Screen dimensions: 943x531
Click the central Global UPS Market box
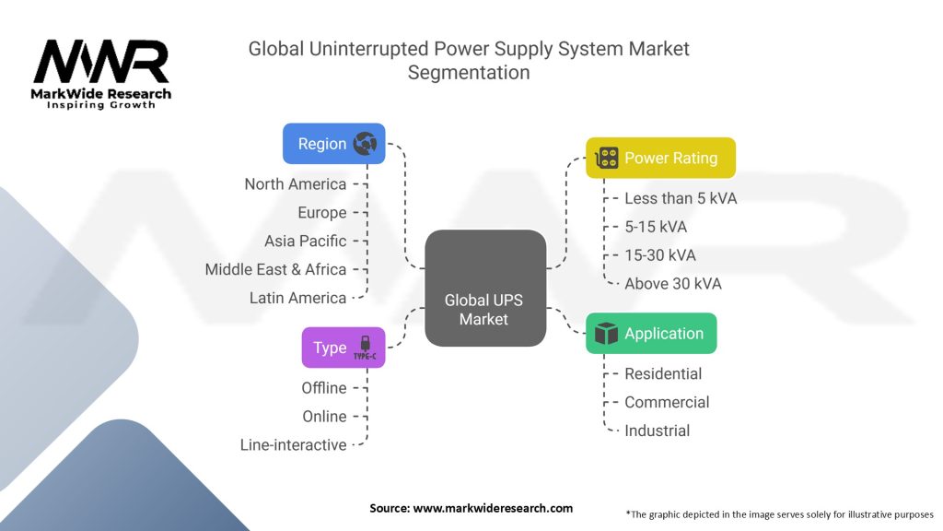pyautogui.click(x=483, y=288)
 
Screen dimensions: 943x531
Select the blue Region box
pyautogui.click(x=333, y=144)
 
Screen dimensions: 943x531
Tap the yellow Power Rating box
pyautogui.click(x=660, y=158)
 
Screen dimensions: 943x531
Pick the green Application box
pyautogui.click(x=651, y=334)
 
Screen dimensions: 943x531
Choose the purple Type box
pyautogui.click(x=343, y=348)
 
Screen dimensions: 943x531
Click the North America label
pyautogui.click(x=295, y=184)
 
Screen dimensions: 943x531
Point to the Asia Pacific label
pyautogui.click(x=305, y=241)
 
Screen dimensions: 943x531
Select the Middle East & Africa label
pyautogui.click(x=275, y=269)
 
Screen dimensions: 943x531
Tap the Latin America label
pyautogui.click(x=297, y=298)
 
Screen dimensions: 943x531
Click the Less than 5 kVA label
pyautogui.click(x=681, y=198)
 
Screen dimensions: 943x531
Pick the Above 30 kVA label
pyautogui.click(x=672, y=284)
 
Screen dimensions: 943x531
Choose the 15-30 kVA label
pyautogui.click(x=660, y=255)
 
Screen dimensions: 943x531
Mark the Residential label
pyautogui.click(x=663, y=373)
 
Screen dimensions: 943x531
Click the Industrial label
pyautogui.click(x=657, y=431)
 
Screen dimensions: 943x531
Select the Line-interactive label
pyautogui.click(x=293, y=444)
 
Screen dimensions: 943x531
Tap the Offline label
pyautogui.click(x=323, y=387)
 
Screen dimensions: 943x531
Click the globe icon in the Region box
pyautogui.click(x=366, y=144)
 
